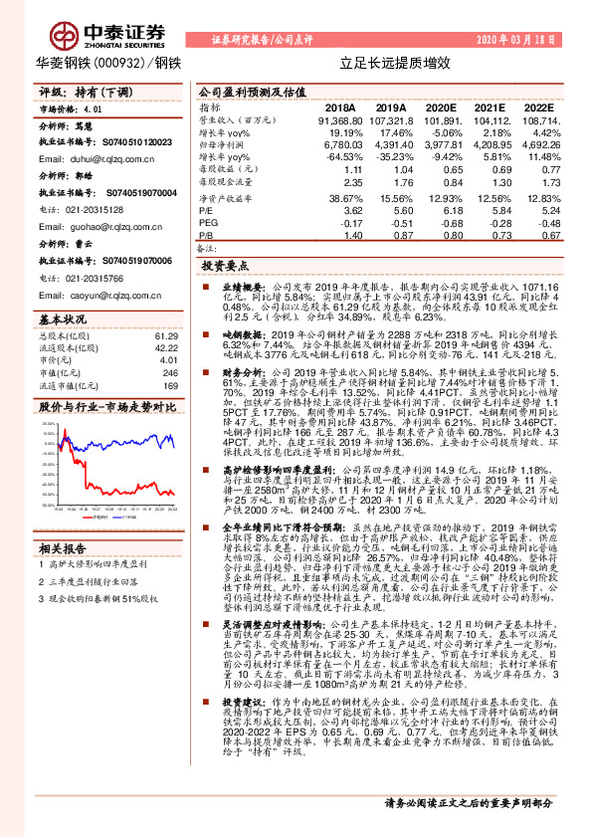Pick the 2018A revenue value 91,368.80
pos(338,118)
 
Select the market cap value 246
pos(169,371)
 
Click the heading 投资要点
pos(224,267)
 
